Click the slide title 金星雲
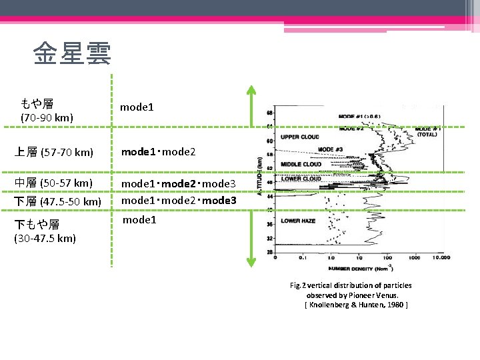73,53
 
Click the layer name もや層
37,103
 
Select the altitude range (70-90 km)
47,118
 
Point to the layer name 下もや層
41,225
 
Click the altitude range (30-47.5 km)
48,238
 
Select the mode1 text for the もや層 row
137,107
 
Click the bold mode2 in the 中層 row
179,183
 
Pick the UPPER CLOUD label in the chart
299,137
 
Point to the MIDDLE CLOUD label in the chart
301,164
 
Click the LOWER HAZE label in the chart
299,220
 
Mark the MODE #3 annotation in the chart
331,149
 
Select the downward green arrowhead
250,263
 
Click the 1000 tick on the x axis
414,258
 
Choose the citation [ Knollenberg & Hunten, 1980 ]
355,305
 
